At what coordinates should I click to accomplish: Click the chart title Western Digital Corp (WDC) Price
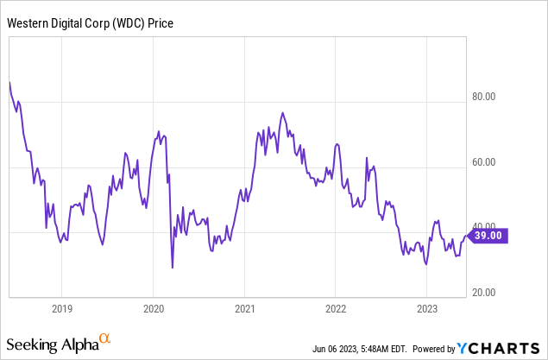coord(91,23)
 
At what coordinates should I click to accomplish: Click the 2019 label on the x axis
coord(61,308)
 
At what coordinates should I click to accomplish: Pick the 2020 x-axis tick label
coord(153,308)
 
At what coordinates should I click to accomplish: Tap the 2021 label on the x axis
coord(244,308)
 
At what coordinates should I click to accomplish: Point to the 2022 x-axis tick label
coord(336,308)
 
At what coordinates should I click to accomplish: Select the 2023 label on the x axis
coord(427,308)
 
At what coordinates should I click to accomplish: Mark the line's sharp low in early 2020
coord(173,268)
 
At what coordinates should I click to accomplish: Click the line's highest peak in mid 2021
coord(282,113)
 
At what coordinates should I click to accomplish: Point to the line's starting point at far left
coord(9,82)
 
